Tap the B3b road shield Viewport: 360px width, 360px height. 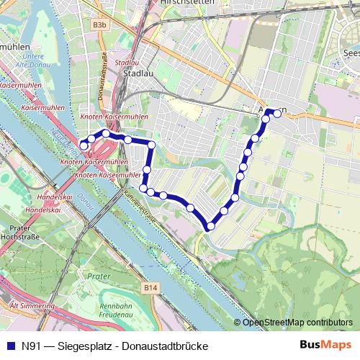(x=99, y=24)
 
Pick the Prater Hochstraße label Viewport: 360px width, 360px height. (x=20, y=231)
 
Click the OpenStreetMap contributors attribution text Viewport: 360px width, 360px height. (x=297, y=323)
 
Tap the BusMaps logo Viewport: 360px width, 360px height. (x=325, y=344)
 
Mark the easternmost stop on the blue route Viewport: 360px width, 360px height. (x=277, y=113)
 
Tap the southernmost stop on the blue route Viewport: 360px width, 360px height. (x=210, y=227)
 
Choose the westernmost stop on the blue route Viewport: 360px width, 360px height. (x=84, y=146)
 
